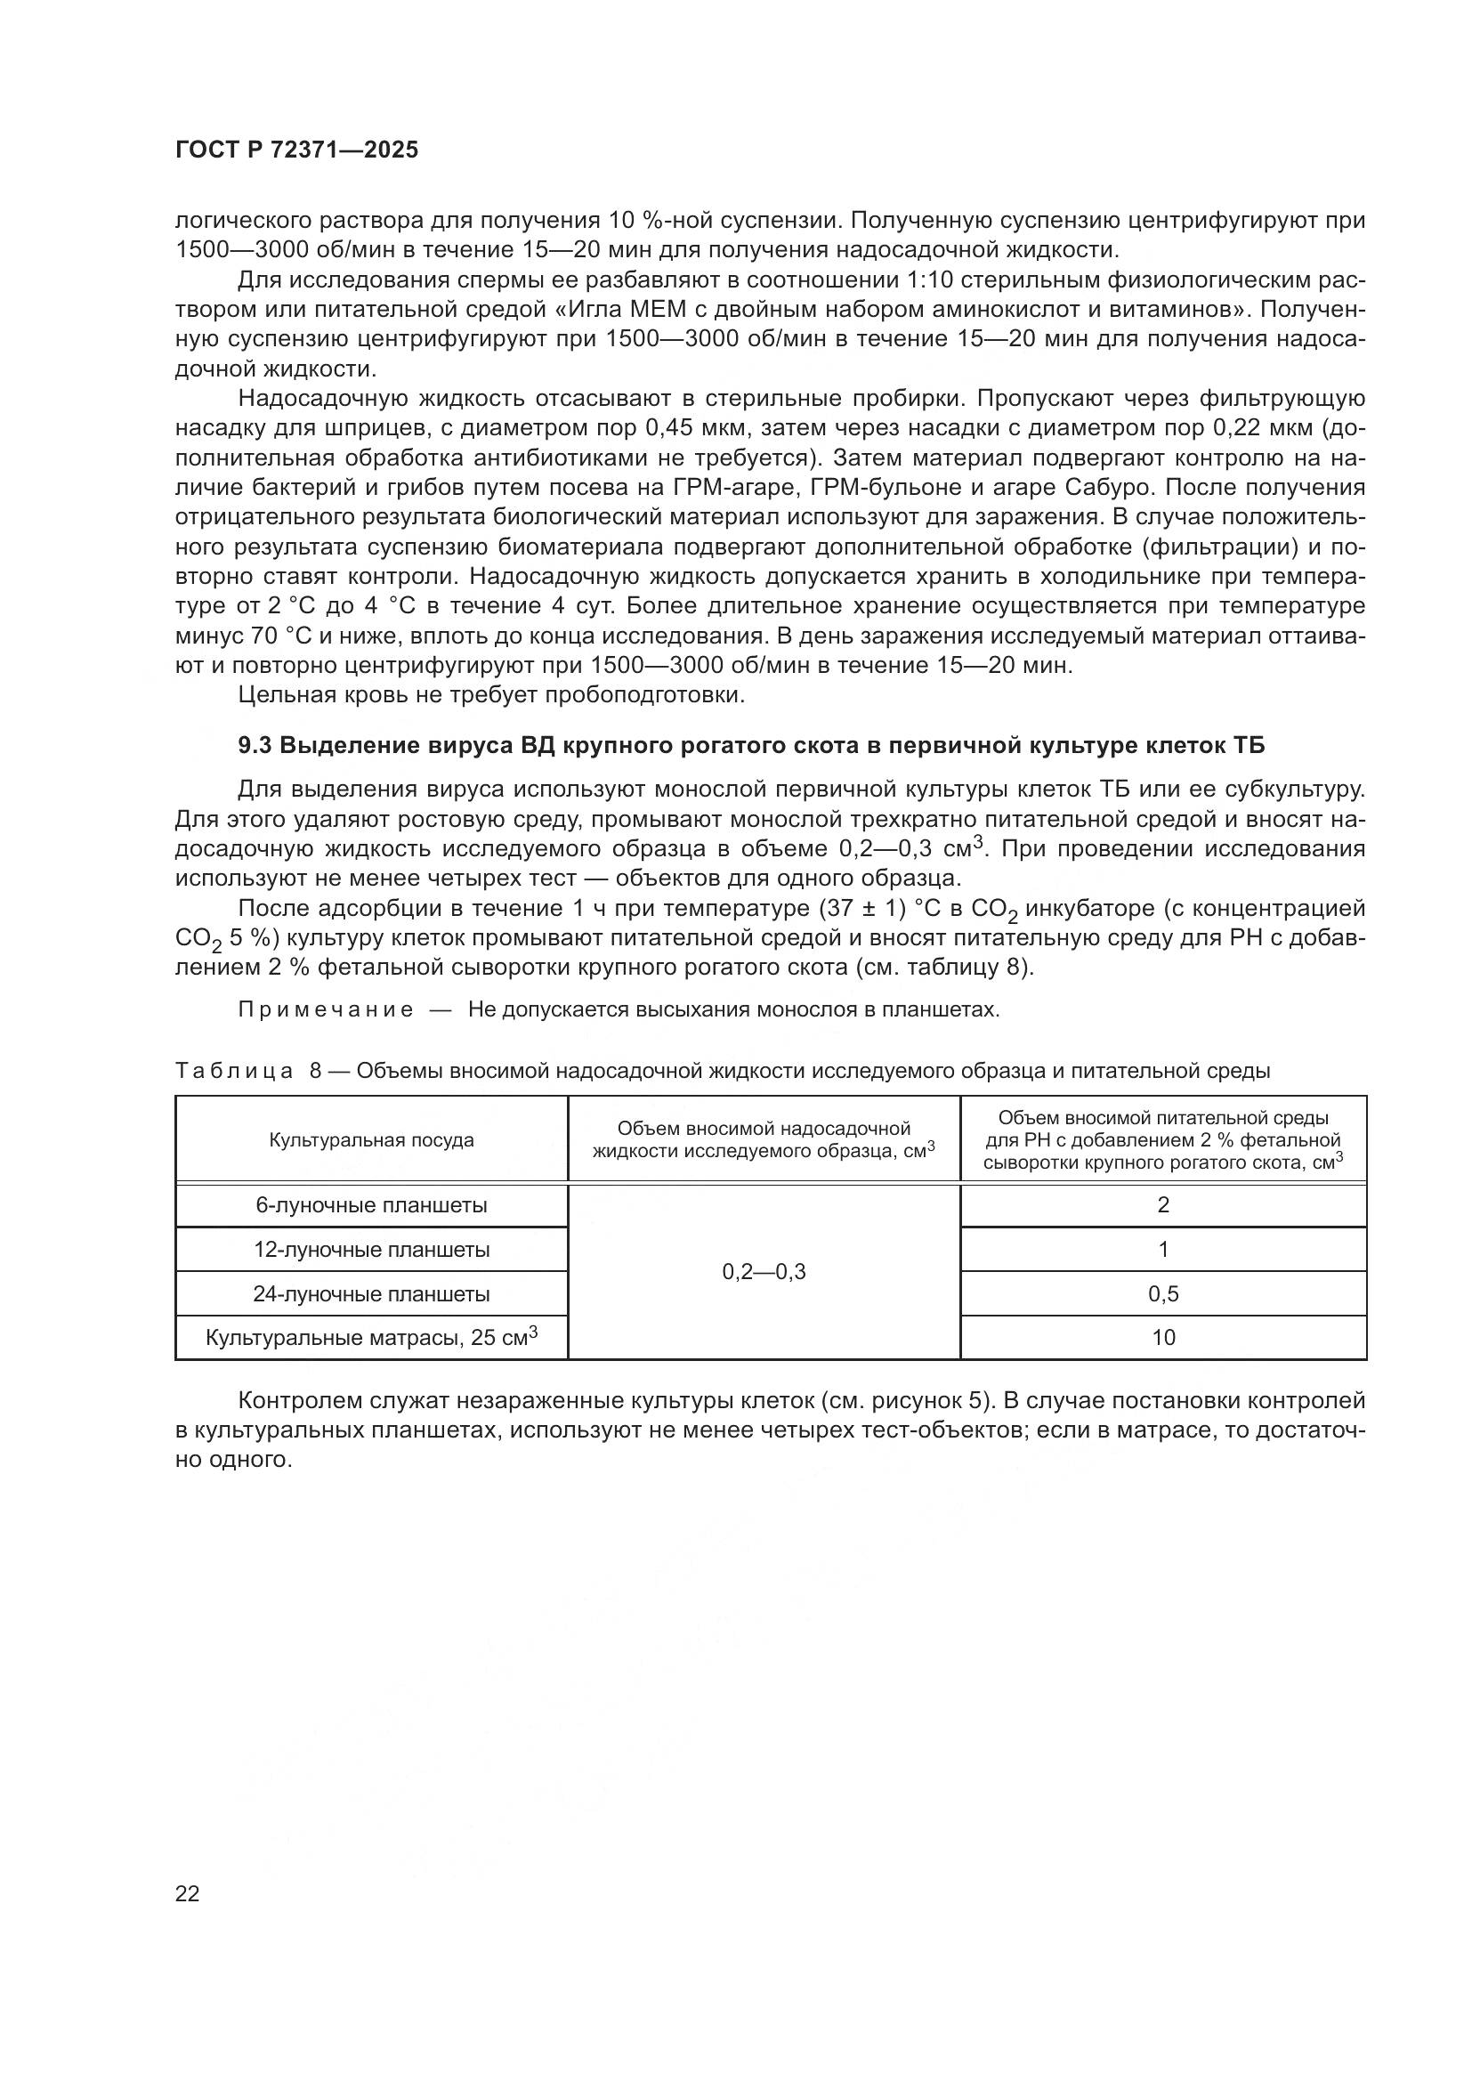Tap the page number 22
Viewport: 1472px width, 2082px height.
[x=188, y=1893]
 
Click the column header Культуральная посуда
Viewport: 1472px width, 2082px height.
[x=371, y=1140]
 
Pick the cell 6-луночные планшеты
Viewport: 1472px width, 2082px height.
[x=371, y=1205]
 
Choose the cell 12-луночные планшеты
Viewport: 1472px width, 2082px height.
[x=371, y=1250]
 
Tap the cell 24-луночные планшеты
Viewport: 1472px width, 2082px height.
[x=371, y=1294]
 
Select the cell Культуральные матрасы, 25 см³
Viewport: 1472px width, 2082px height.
[x=371, y=1338]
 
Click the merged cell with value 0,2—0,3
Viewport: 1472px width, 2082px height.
[x=764, y=1272]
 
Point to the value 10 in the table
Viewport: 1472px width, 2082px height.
[x=1163, y=1338]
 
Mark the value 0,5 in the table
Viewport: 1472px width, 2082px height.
[x=1163, y=1294]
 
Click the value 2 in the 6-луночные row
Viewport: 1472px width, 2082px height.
[x=1163, y=1205]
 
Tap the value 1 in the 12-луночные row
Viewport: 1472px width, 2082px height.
[x=1163, y=1250]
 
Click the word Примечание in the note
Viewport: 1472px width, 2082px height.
[x=326, y=1010]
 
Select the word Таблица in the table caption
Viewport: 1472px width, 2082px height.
[x=234, y=1071]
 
